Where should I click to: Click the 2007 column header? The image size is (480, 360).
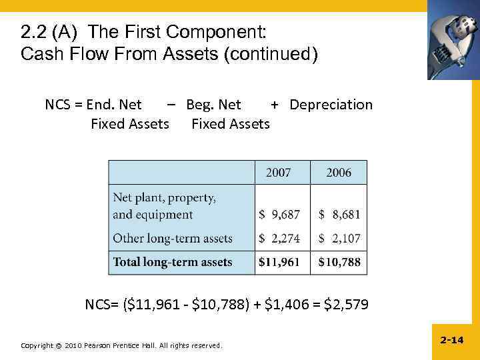coord(279,173)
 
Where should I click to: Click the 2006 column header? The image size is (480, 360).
coord(339,173)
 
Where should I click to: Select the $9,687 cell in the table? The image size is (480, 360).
coord(279,215)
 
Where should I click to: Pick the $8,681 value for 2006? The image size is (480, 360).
coord(339,215)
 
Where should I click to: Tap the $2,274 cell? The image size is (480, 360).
coord(279,238)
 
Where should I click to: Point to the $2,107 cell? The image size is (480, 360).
coord(339,238)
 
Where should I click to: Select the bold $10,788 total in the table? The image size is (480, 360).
coord(339,262)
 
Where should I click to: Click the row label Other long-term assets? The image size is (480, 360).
coord(173,238)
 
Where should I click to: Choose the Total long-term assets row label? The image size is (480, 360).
coord(173,262)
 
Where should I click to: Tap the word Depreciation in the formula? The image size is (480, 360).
coord(331,105)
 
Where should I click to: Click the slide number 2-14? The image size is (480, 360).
coord(451,340)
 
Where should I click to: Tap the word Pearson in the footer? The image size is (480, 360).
coord(100,345)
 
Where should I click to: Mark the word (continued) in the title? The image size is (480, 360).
coord(273,53)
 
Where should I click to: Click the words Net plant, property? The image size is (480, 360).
coord(164,197)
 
